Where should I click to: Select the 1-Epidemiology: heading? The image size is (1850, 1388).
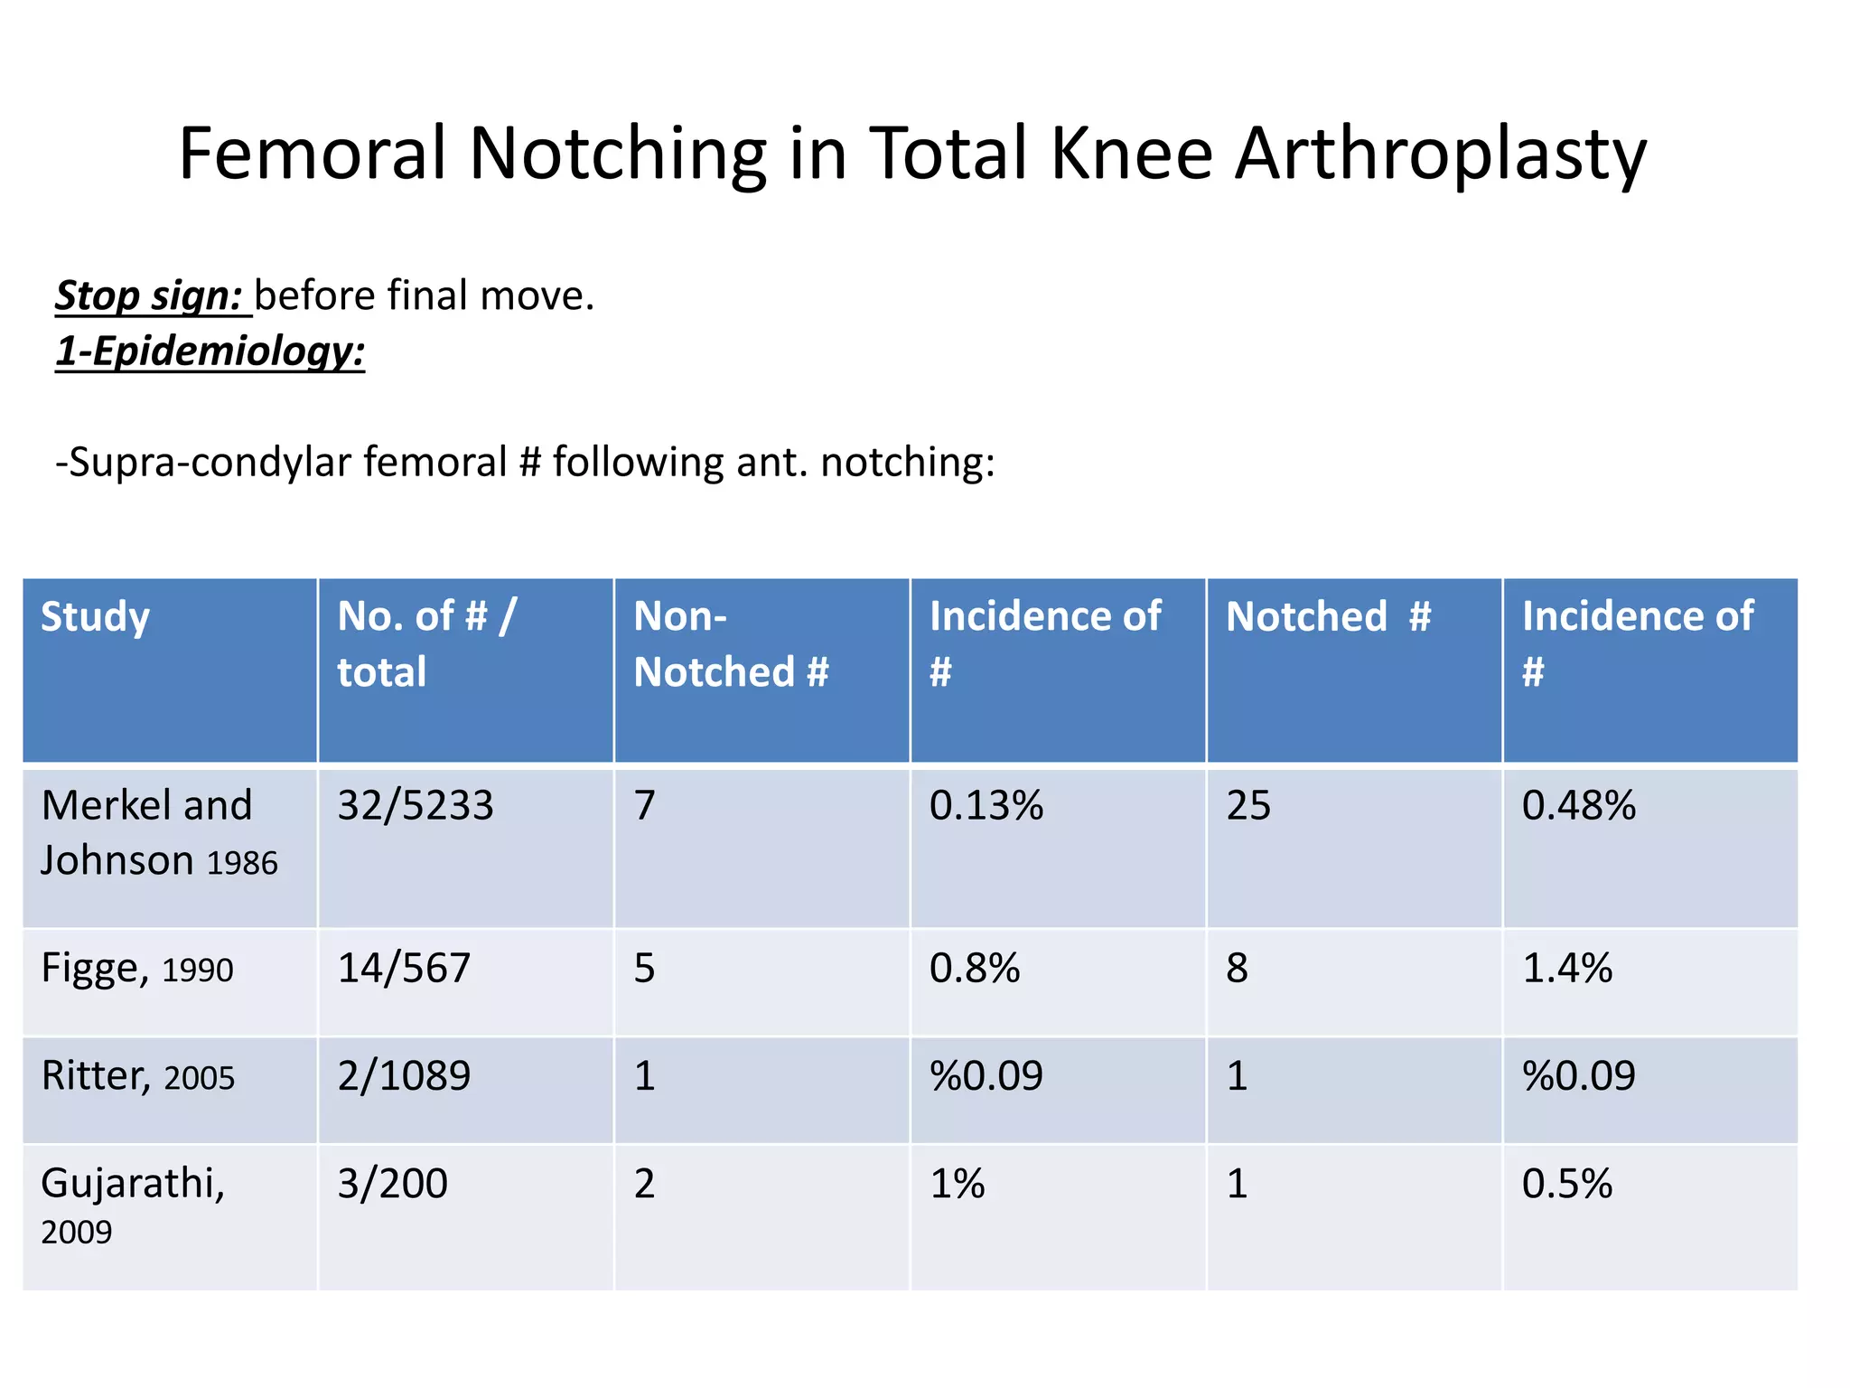210,351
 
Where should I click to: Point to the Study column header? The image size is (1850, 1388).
95,617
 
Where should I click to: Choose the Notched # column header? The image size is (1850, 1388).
1328,617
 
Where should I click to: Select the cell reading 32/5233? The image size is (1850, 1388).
416,805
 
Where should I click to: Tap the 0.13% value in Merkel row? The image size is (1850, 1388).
986,805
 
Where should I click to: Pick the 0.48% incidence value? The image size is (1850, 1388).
1578,805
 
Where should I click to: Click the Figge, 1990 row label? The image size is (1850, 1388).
137,969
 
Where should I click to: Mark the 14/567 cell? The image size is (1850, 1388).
404,969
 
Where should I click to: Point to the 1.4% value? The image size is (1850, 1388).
1567,969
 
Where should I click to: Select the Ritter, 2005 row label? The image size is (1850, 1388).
138,1076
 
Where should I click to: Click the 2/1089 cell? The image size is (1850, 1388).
404,1076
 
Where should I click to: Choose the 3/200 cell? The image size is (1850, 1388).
392,1184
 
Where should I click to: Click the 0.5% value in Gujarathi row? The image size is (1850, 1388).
1567,1184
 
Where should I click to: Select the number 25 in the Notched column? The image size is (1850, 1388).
1248,805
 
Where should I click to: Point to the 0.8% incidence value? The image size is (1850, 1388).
975,969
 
